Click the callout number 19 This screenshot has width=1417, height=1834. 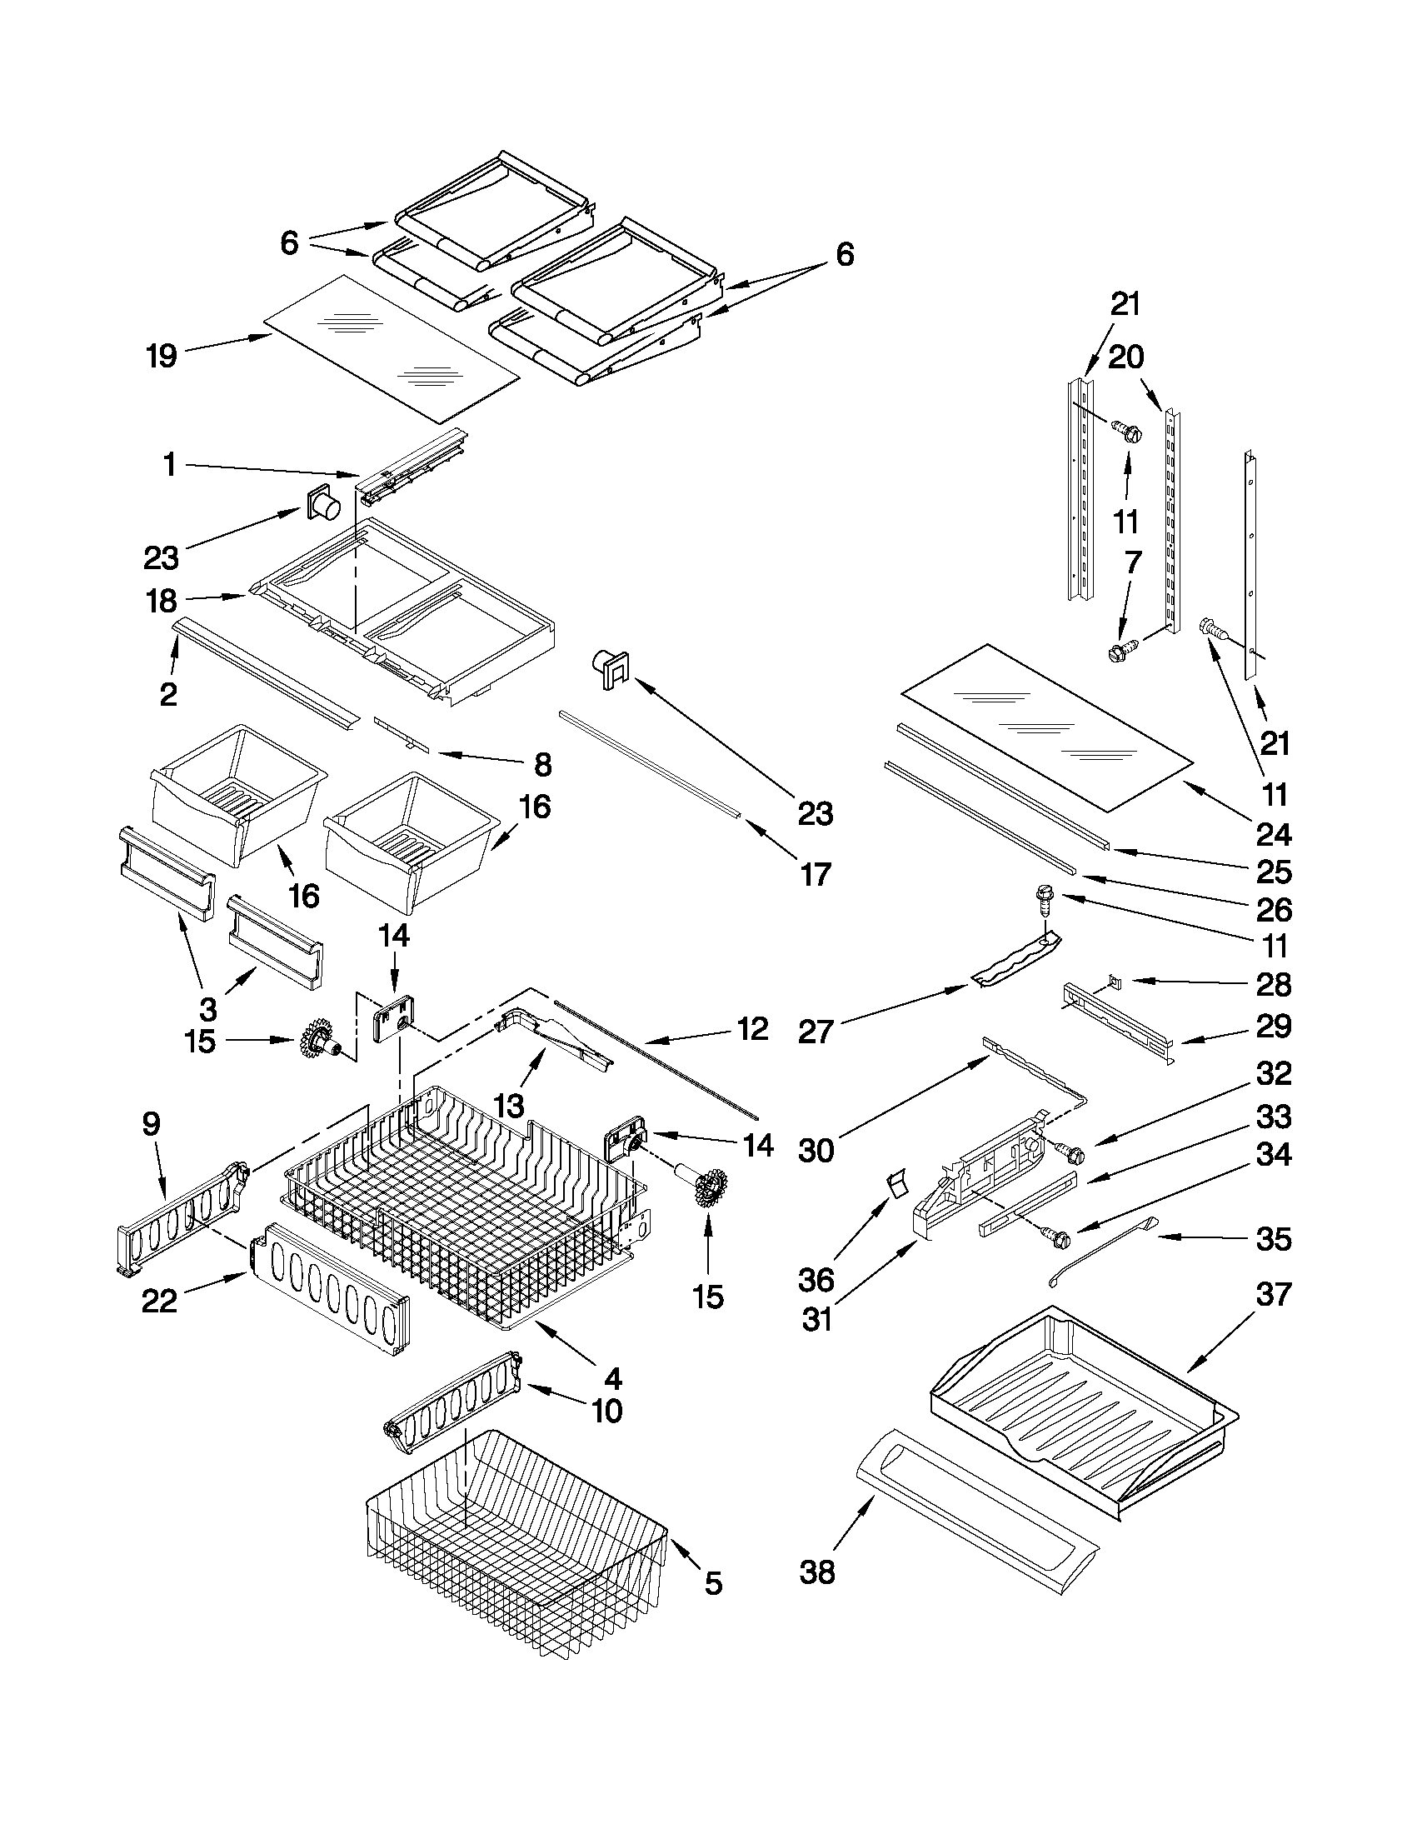click(x=162, y=356)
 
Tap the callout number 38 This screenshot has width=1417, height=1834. click(x=816, y=1572)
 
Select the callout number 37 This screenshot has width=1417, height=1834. click(x=1273, y=1294)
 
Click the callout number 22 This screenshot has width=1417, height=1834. click(x=159, y=1301)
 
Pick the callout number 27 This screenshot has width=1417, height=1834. click(x=815, y=1031)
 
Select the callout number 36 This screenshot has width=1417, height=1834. click(x=816, y=1280)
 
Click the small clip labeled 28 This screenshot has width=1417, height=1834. click(x=1114, y=979)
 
